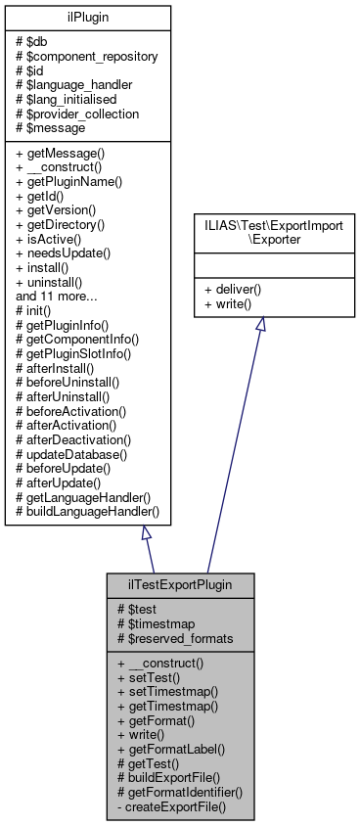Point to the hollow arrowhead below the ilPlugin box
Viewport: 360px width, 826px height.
coord(146,533)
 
